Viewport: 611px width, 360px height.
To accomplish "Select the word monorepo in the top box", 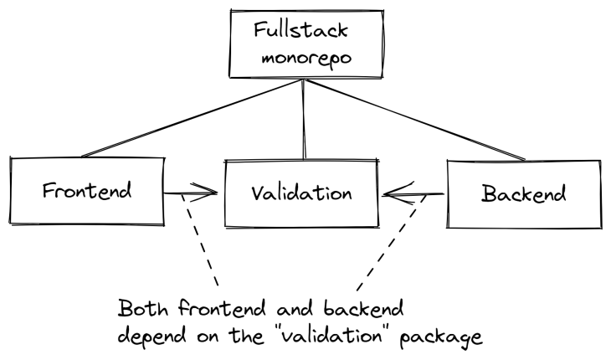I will point(303,60).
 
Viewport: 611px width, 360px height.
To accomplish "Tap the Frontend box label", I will point(87,190).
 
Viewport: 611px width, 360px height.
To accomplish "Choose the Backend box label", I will point(523,193).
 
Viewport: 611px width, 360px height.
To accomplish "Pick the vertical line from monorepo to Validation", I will point(304,117).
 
